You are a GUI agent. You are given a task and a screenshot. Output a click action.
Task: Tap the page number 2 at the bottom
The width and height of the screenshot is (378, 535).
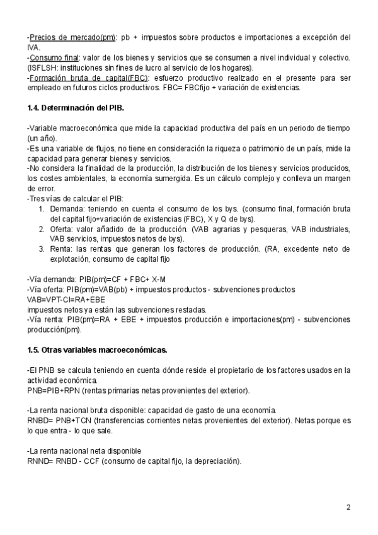point(348,507)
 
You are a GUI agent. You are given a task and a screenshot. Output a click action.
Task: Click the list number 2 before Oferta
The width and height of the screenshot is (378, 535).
point(42,229)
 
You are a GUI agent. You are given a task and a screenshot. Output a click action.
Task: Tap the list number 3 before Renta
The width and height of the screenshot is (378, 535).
point(42,249)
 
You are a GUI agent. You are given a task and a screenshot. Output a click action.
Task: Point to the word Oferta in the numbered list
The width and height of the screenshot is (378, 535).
point(62,229)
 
